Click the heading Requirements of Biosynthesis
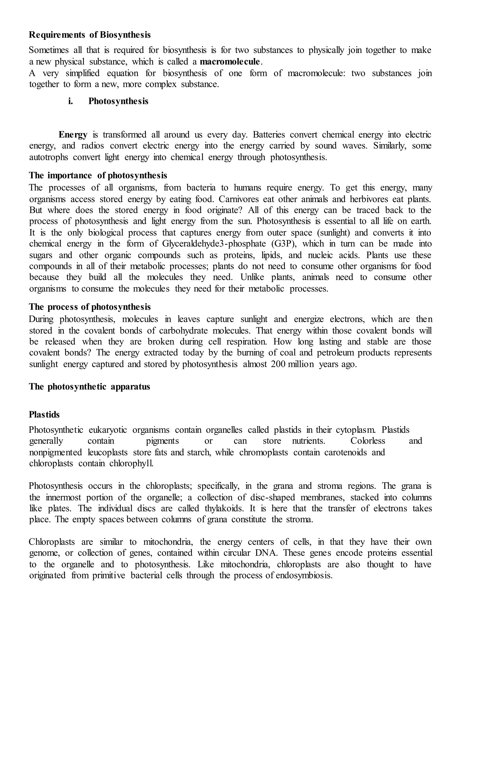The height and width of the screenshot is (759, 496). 90,35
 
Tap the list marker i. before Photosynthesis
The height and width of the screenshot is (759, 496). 70,101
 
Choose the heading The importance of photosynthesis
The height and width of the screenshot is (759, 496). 98,175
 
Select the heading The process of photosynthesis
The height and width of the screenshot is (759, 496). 90,307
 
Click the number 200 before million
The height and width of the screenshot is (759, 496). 278,364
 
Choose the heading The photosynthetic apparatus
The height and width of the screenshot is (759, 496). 89,387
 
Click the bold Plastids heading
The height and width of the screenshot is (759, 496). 44,415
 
